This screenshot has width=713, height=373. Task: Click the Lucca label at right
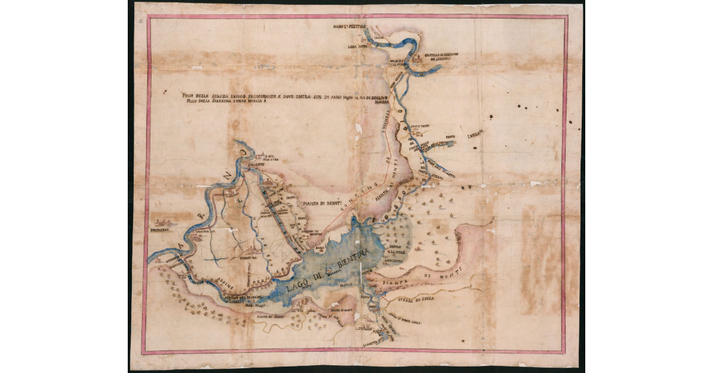pyautogui.click(x=475, y=135)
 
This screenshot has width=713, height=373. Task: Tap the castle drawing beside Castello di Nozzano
pyautogui.click(x=418, y=58)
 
